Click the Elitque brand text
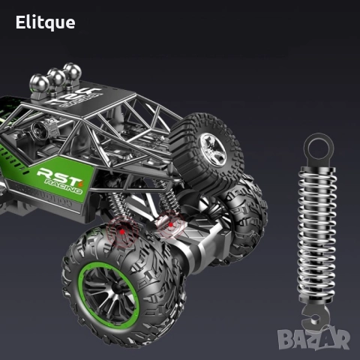(x=46, y=22)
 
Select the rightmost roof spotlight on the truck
(x=73, y=73)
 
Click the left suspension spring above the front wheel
(x=120, y=206)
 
